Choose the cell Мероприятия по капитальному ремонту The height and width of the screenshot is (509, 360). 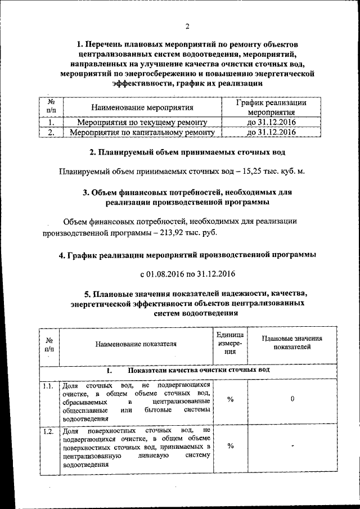142,133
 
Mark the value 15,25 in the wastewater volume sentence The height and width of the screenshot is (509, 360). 255,172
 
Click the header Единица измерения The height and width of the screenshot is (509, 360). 230,343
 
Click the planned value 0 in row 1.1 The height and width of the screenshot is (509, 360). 293,399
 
